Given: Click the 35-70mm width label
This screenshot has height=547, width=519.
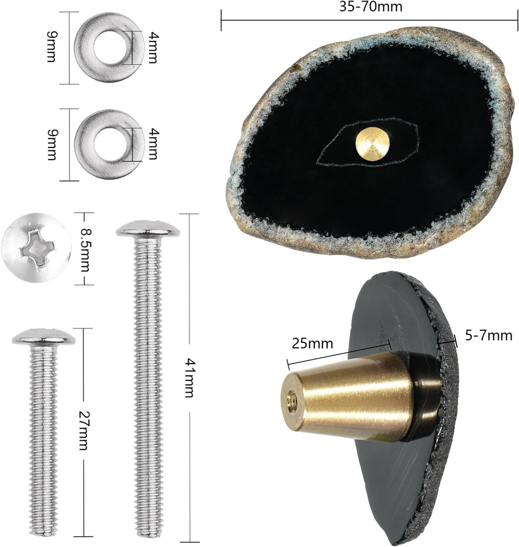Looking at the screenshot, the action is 371,6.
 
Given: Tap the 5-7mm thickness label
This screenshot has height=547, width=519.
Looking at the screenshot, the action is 489,335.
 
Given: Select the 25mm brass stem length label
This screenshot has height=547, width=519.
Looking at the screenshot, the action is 312,343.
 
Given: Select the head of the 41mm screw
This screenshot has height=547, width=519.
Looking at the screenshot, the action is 148,228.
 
